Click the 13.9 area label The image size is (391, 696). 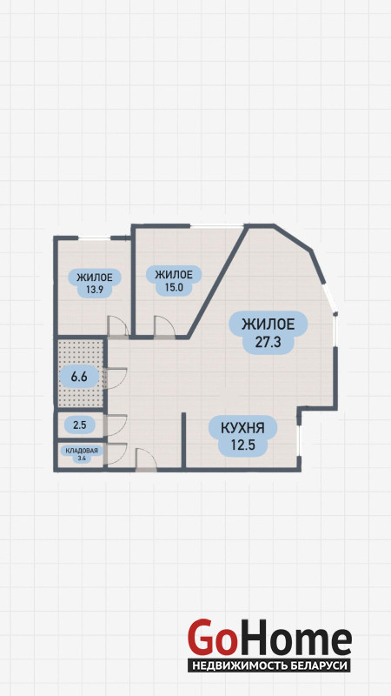click(94, 284)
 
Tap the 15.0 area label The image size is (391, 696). click(174, 280)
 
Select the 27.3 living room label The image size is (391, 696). click(268, 332)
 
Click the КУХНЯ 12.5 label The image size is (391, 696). click(242, 436)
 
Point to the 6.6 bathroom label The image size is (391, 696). click(78, 378)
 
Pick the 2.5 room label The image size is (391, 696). click(78, 425)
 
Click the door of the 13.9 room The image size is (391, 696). click(118, 326)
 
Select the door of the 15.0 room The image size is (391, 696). click(164, 327)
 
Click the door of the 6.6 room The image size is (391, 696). click(116, 378)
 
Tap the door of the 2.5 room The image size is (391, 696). click(116, 425)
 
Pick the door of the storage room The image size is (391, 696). click(116, 453)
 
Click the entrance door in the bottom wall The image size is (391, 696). click(146, 459)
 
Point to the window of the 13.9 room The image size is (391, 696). click(94, 238)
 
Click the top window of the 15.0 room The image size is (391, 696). click(216, 226)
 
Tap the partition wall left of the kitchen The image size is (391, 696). click(183, 440)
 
